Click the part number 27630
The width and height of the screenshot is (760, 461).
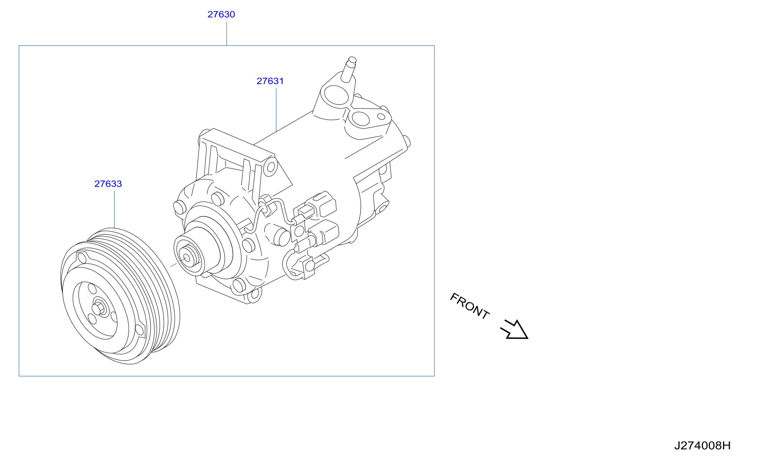221,14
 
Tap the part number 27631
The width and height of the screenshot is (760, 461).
270,81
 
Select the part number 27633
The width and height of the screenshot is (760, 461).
108,184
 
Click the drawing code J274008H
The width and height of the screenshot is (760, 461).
702,445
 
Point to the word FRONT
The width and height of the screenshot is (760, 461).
470,306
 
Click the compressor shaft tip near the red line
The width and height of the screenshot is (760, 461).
187,258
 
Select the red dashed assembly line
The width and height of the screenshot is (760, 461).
178,262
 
